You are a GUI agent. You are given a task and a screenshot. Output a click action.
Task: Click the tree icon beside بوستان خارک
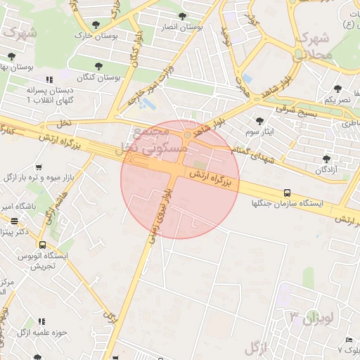pyautogui.click(x=96, y=25)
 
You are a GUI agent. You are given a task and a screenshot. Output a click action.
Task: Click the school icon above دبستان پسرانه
pyautogui.click(x=49, y=80)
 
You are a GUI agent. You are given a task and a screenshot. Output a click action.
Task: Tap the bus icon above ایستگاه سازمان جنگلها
pyautogui.click(x=286, y=193)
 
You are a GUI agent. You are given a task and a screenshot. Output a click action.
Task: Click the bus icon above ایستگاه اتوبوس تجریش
pyautogui.click(x=43, y=245)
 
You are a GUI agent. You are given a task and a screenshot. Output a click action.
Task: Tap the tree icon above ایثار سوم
pyautogui.click(x=259, y=121)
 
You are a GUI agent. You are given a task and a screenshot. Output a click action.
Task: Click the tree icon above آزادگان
pyautogui.click(x=326, y=159)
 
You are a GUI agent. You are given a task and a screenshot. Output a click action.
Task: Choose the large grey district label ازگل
pyautogui.click(x=258, y=347)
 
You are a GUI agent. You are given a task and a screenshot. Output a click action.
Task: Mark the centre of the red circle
pyautogui.click(x=180, y=180)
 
